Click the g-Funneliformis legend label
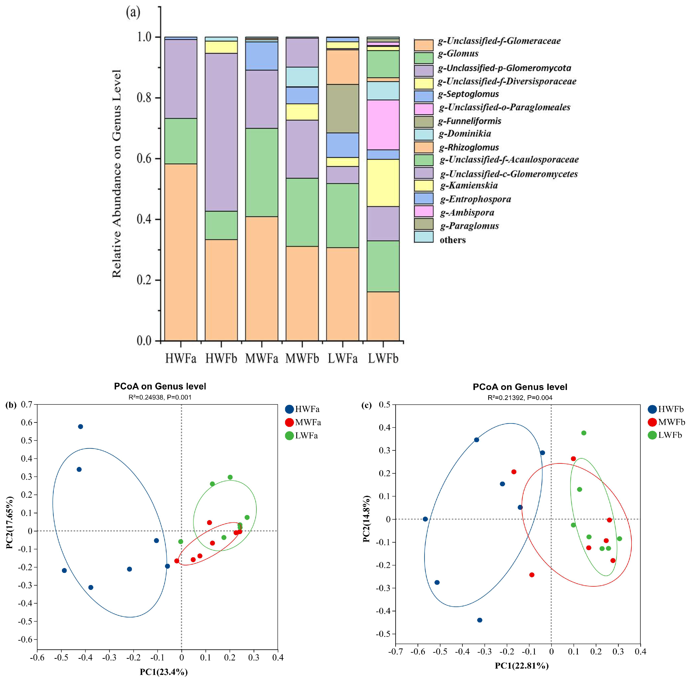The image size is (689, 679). (x=469, y=121)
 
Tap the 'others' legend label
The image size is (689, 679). (x=453, y=240)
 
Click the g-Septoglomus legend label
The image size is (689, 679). (x=468, y=94)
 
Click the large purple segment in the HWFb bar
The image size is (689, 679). (x=221, y=132)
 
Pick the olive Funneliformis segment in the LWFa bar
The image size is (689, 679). (x=343, y=109)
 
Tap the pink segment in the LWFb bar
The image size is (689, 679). (x=383, y=125)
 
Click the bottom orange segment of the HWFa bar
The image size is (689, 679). (x=181, y=252)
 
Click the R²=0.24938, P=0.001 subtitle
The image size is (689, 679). (x=160, y=397)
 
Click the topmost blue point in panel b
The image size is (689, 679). (x=80, y=426)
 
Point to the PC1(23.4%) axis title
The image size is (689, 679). (x=164, y=672)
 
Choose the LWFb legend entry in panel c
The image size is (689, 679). (x=665, y=435)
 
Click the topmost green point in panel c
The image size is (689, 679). (x=584, y=433)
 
